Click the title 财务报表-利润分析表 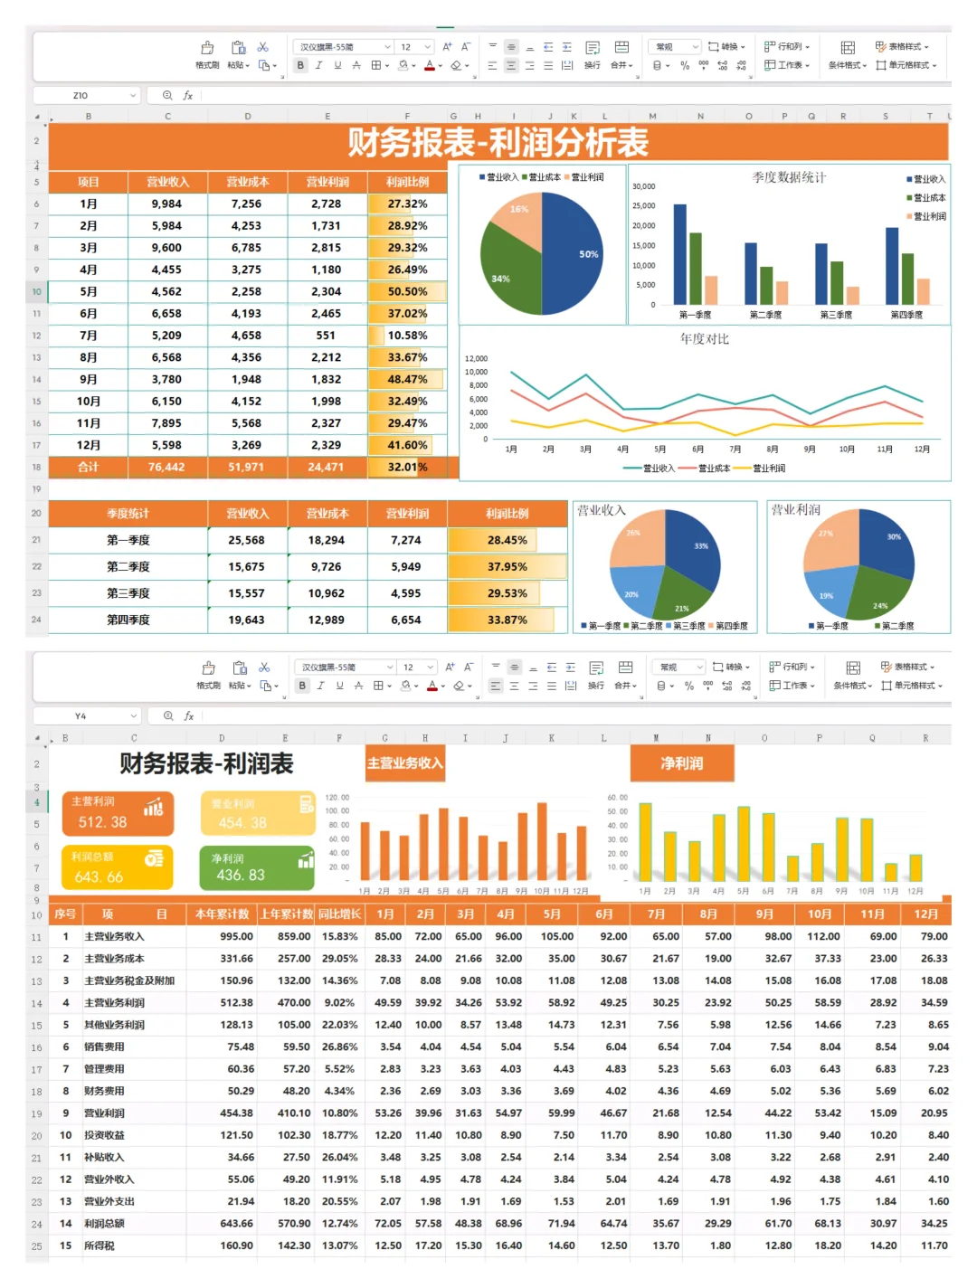pos(498,143)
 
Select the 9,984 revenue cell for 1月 pos(166,204)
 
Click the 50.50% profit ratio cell pos(407,292)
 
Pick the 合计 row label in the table pos(88,468)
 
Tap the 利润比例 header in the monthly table pos(407,182)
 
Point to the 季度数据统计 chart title pos(788,177)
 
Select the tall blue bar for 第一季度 pos(679,254)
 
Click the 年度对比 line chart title pos(704,339)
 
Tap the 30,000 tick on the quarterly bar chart pos(643,186)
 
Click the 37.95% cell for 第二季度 pos(507,567)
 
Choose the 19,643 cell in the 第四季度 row pos(246,620)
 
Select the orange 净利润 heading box pos(682,763)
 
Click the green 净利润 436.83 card pos(256,867)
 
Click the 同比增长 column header pos(339,914)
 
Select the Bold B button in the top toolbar pos(300,65)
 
